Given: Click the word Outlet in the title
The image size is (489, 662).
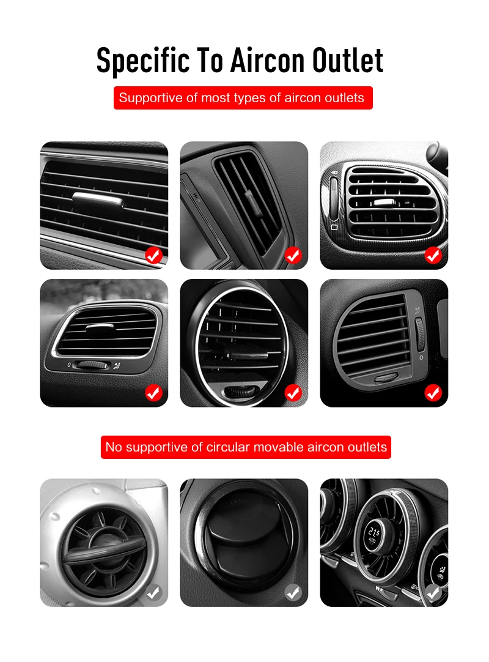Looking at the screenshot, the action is point(348,61).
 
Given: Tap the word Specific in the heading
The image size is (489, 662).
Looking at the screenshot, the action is point(143,61).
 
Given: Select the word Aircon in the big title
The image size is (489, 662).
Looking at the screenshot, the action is point(267,61).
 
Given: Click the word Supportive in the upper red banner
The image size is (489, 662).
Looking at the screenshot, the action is point(150,98).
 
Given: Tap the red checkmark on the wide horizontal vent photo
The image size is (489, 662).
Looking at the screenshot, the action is point(153,255).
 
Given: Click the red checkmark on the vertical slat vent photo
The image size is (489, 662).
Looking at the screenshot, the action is point(293,255).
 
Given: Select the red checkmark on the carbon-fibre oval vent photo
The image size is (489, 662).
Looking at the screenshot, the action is point(433,255).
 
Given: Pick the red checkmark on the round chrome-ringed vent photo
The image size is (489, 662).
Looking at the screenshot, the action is point(293,393).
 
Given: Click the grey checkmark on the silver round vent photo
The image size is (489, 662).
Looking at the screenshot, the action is point(153,593).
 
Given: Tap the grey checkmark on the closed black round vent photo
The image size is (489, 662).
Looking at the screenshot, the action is point(293,593).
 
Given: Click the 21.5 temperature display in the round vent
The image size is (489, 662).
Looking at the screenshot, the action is point(373,535).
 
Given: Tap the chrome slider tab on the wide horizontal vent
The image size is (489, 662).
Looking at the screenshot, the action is point(98,201).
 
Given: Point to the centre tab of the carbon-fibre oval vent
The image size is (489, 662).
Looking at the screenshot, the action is point(384,203).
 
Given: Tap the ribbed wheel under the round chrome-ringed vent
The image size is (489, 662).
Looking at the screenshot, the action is point(240,392).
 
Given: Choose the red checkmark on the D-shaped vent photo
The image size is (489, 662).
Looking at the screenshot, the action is point(433,393).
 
